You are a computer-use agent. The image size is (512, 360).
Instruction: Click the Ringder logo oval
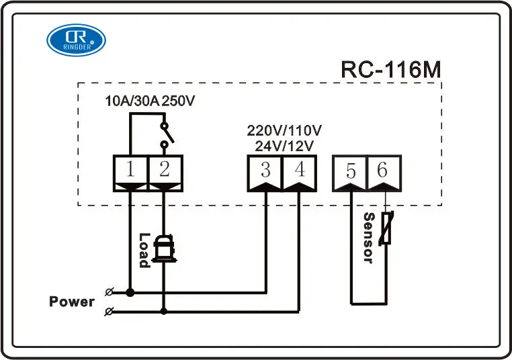[76, 40]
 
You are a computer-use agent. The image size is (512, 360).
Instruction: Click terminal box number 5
[351, 171]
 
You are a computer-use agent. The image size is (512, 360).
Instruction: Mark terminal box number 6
[383, 171]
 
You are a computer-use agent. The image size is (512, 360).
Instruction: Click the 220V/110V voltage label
[284, 130]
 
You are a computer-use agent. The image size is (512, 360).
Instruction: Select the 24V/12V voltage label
[284, 144]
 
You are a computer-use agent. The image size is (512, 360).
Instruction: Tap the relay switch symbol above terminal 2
[163, 134]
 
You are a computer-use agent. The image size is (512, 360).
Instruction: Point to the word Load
[144, 250]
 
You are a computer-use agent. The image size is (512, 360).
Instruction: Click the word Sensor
[368, 238]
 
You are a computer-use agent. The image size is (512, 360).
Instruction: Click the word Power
[72, 302]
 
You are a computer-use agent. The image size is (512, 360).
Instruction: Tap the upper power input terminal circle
[109, 292]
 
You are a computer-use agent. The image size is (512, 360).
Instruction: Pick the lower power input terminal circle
[109, 311]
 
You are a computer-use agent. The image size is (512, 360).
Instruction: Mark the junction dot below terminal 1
[130, 292]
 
